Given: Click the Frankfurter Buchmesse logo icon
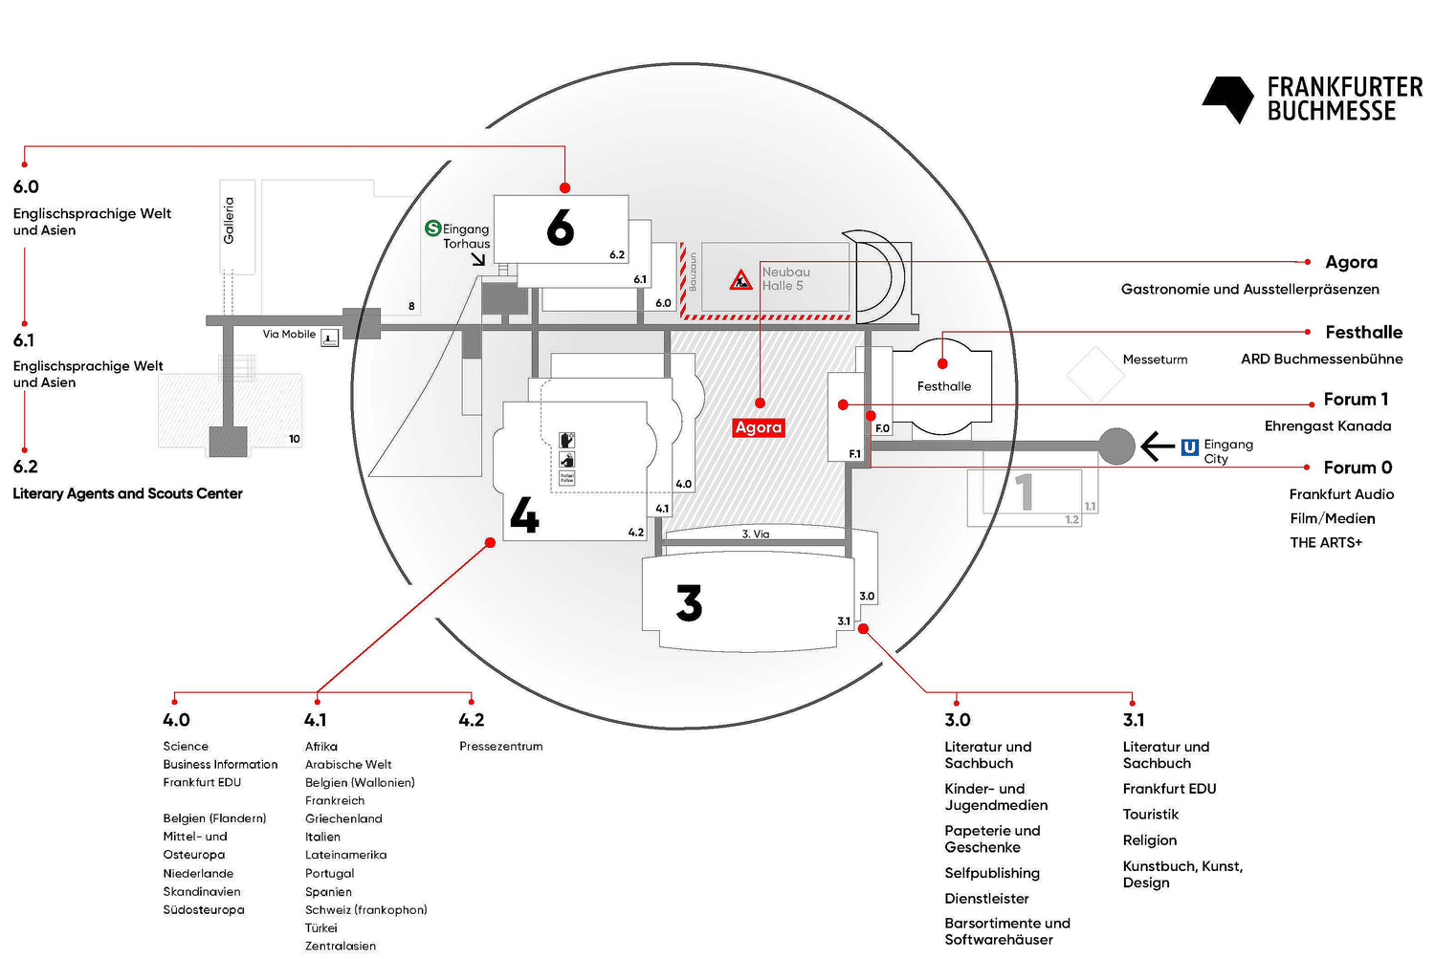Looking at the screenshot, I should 1227,98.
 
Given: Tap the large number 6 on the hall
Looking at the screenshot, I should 561,228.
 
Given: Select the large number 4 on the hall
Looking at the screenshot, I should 524,515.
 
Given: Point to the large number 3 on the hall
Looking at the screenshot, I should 689,603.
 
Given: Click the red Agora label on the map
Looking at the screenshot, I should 759,427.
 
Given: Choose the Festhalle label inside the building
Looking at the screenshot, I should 943,386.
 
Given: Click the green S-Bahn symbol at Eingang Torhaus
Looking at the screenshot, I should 433,229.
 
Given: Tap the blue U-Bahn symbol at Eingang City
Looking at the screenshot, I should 1189,447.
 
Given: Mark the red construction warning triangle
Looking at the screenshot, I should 740,280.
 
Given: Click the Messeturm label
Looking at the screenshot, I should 1155,360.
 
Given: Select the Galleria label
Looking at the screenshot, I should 230,220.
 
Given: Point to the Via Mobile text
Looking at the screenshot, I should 289,335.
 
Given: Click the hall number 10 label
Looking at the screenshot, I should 294,439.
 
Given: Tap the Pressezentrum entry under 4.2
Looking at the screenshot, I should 500,747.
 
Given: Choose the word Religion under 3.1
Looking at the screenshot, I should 1149,840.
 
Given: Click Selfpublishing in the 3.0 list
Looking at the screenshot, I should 991,873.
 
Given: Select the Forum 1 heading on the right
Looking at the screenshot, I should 1355,400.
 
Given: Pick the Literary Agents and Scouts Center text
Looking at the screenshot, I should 127,493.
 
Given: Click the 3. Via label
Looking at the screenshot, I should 755,534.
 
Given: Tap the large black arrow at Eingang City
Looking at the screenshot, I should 1158,446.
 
